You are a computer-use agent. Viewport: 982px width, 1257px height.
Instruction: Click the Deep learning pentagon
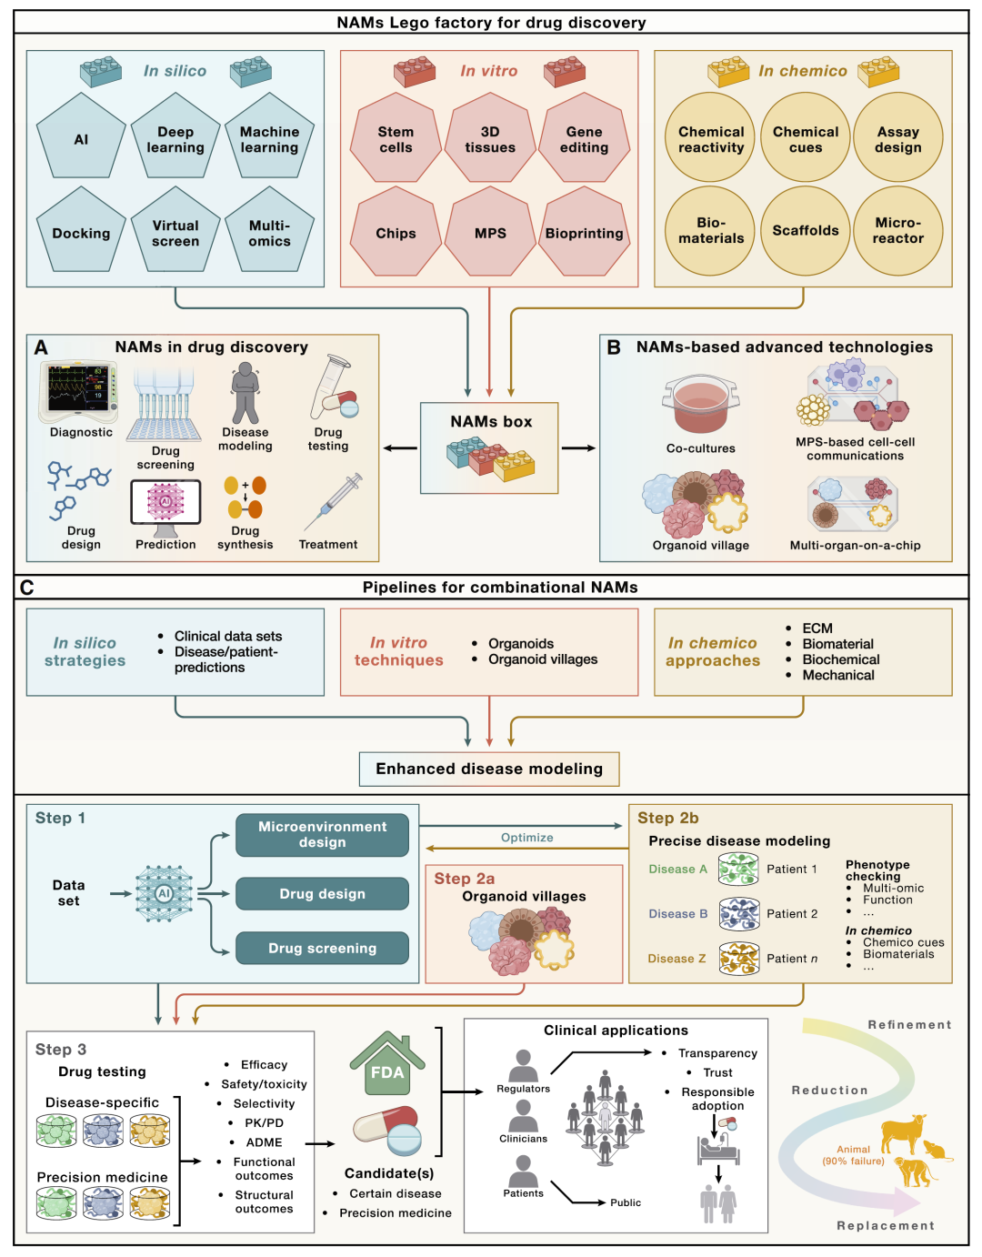[x=175, y=140]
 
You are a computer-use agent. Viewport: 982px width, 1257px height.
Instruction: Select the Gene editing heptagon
[x=584, y=140]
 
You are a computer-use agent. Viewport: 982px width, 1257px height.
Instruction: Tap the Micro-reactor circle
[x=898, y=231]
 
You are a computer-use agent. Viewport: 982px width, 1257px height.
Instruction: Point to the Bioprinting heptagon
[x=584, y=233]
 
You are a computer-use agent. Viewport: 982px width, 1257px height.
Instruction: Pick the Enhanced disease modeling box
[x=489, y=769]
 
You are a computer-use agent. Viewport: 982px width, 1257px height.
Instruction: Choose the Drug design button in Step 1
[x=322, y=894]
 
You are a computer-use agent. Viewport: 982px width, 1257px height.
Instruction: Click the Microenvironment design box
[x=322, y=835]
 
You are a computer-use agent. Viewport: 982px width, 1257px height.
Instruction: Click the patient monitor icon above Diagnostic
[x=79, y=391]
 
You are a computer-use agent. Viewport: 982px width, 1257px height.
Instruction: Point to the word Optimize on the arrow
[x=526, y=838]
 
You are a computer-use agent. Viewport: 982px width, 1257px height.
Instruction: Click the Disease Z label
[x=676, y=959]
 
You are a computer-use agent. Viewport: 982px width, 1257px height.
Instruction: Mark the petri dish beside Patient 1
[x=738, y=870]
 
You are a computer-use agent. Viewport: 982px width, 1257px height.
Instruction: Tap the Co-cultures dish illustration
[x=700, y=405]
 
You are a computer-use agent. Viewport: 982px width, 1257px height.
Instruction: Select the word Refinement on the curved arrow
[x=909, y=1025]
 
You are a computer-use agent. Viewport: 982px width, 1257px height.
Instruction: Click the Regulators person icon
[x=523, y=1066]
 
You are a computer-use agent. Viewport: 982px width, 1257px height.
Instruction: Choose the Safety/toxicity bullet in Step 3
[x=264, y=1084]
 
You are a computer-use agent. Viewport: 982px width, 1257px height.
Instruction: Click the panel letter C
[x=27, y=588]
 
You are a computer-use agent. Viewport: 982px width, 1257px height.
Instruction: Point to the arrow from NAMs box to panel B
[x=578, y=448]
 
